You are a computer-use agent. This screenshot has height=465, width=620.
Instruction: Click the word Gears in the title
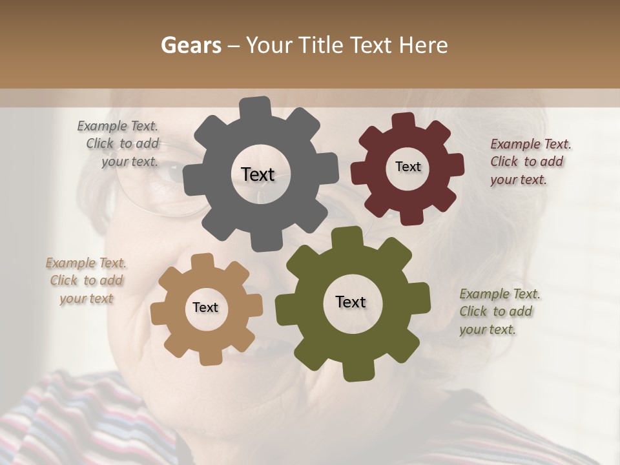(191, 45)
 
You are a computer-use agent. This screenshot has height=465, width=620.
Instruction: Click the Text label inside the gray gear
(258, 174)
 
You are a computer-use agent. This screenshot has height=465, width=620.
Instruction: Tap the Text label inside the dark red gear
(408, 167)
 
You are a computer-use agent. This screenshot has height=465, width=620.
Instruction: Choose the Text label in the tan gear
(205, 307)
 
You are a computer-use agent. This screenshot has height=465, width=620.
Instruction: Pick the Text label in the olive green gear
(351, 302)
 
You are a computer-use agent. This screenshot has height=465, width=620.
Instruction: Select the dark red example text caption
(530, 161)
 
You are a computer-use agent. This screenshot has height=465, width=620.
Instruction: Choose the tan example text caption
(86, 280)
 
